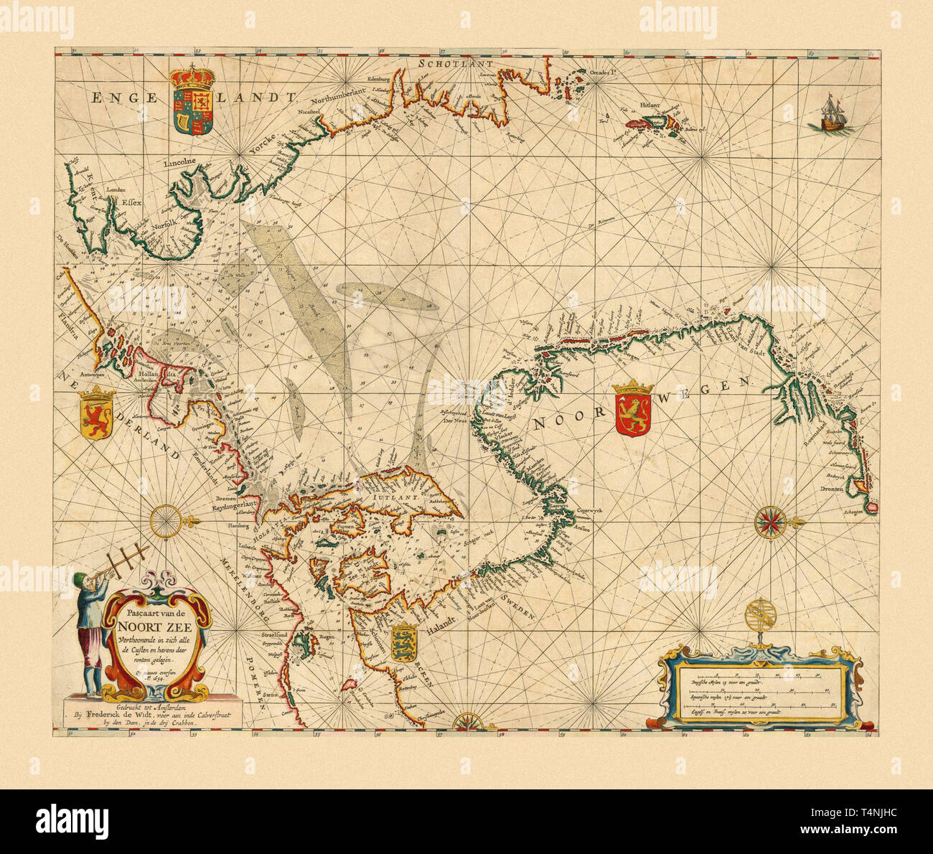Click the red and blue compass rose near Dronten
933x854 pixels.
[x=771, y=522]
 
